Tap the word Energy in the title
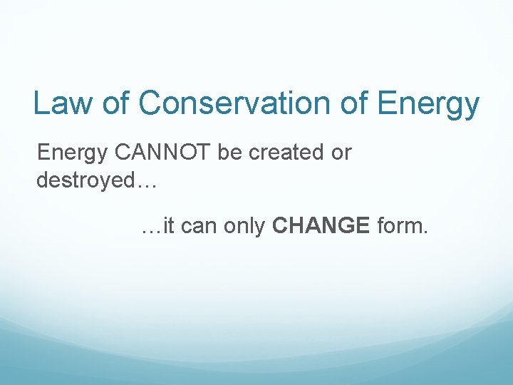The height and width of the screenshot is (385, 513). click(428, 104)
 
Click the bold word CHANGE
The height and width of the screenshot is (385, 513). click(321, 227)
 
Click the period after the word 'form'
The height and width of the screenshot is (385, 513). click(425, 233)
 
